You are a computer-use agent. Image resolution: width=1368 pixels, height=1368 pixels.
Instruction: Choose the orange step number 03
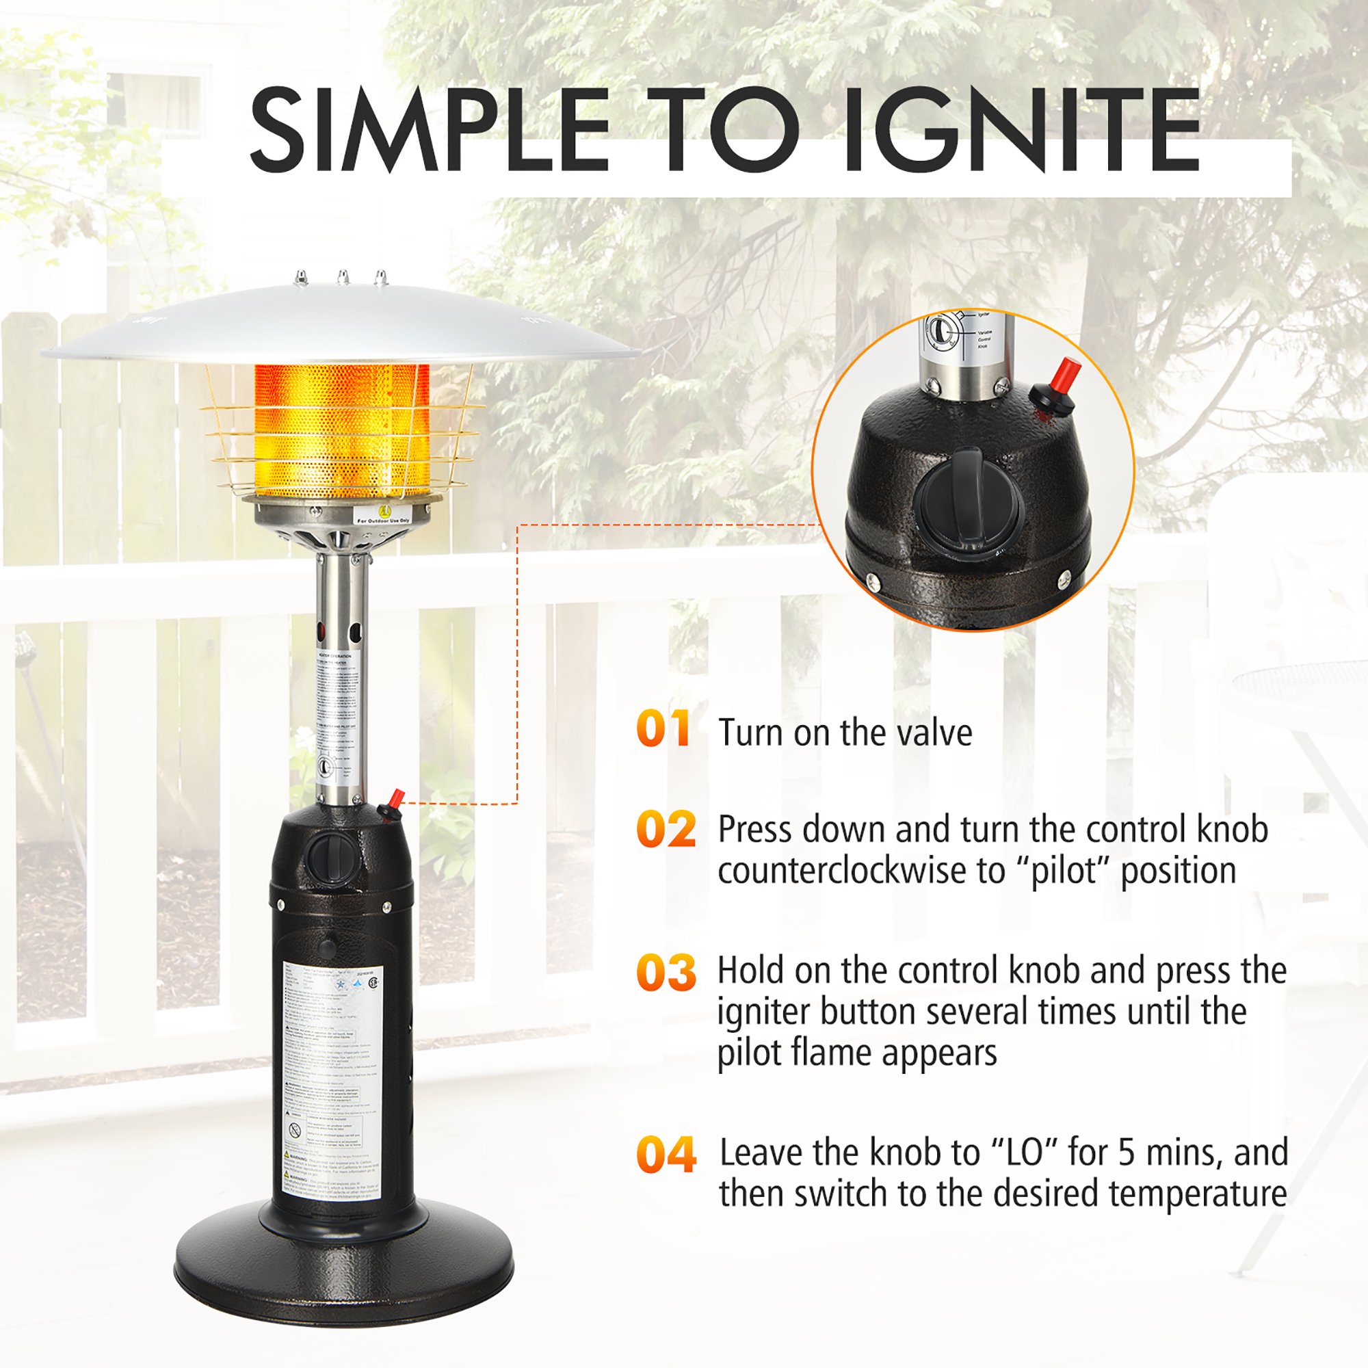666,972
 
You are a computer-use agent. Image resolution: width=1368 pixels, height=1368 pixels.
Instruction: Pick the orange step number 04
666,1155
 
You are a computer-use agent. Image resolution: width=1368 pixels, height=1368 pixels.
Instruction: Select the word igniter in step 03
765,1012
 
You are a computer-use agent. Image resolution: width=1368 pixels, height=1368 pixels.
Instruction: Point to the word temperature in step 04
1198,1194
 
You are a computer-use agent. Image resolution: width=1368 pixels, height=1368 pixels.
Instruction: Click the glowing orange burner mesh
341,432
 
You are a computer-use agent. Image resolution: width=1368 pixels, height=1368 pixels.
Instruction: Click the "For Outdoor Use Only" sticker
384,516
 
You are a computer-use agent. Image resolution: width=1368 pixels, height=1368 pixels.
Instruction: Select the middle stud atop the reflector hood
343,276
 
